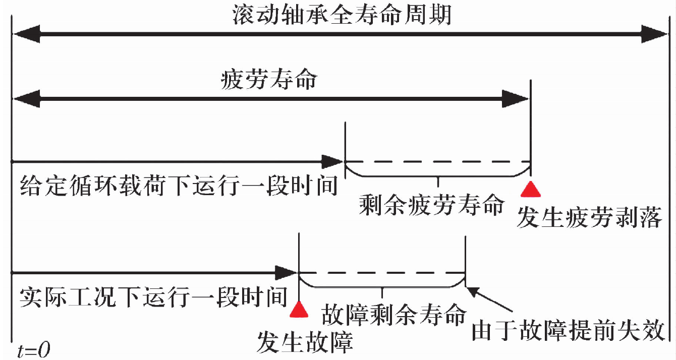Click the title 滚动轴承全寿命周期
342,15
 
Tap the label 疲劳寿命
269,80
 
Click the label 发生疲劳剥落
589,218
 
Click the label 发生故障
305,342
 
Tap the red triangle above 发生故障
299,310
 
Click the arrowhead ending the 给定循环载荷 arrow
333,162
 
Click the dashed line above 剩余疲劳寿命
437,162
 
